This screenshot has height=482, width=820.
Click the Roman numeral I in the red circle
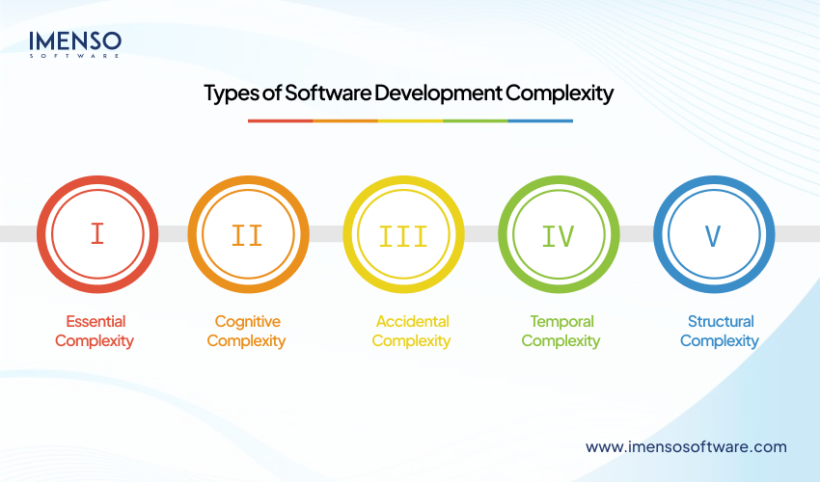click(96, 234)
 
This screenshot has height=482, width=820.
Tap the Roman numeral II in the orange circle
click(248, 234)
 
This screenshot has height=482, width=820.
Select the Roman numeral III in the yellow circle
click(403, 234)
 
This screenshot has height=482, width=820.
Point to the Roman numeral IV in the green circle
click(559, 234)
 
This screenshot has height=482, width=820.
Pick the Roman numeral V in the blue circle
click(713, 234)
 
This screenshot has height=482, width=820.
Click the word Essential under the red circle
click(96, 321)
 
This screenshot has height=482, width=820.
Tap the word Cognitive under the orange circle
click(247, 321)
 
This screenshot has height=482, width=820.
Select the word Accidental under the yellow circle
click(412, 321)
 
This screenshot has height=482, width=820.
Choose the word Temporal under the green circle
click(561, 321)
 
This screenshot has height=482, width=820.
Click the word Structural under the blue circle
click(721, 321)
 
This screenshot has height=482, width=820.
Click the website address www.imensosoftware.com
click(686, 446)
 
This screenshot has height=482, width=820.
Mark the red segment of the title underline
click(280, 120)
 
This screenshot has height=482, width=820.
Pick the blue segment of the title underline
click(540, 120)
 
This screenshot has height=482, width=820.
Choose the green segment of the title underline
click(475, 120)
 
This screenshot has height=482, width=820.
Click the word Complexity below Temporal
click(561, 340)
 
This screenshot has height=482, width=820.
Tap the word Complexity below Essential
click(95, 340)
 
